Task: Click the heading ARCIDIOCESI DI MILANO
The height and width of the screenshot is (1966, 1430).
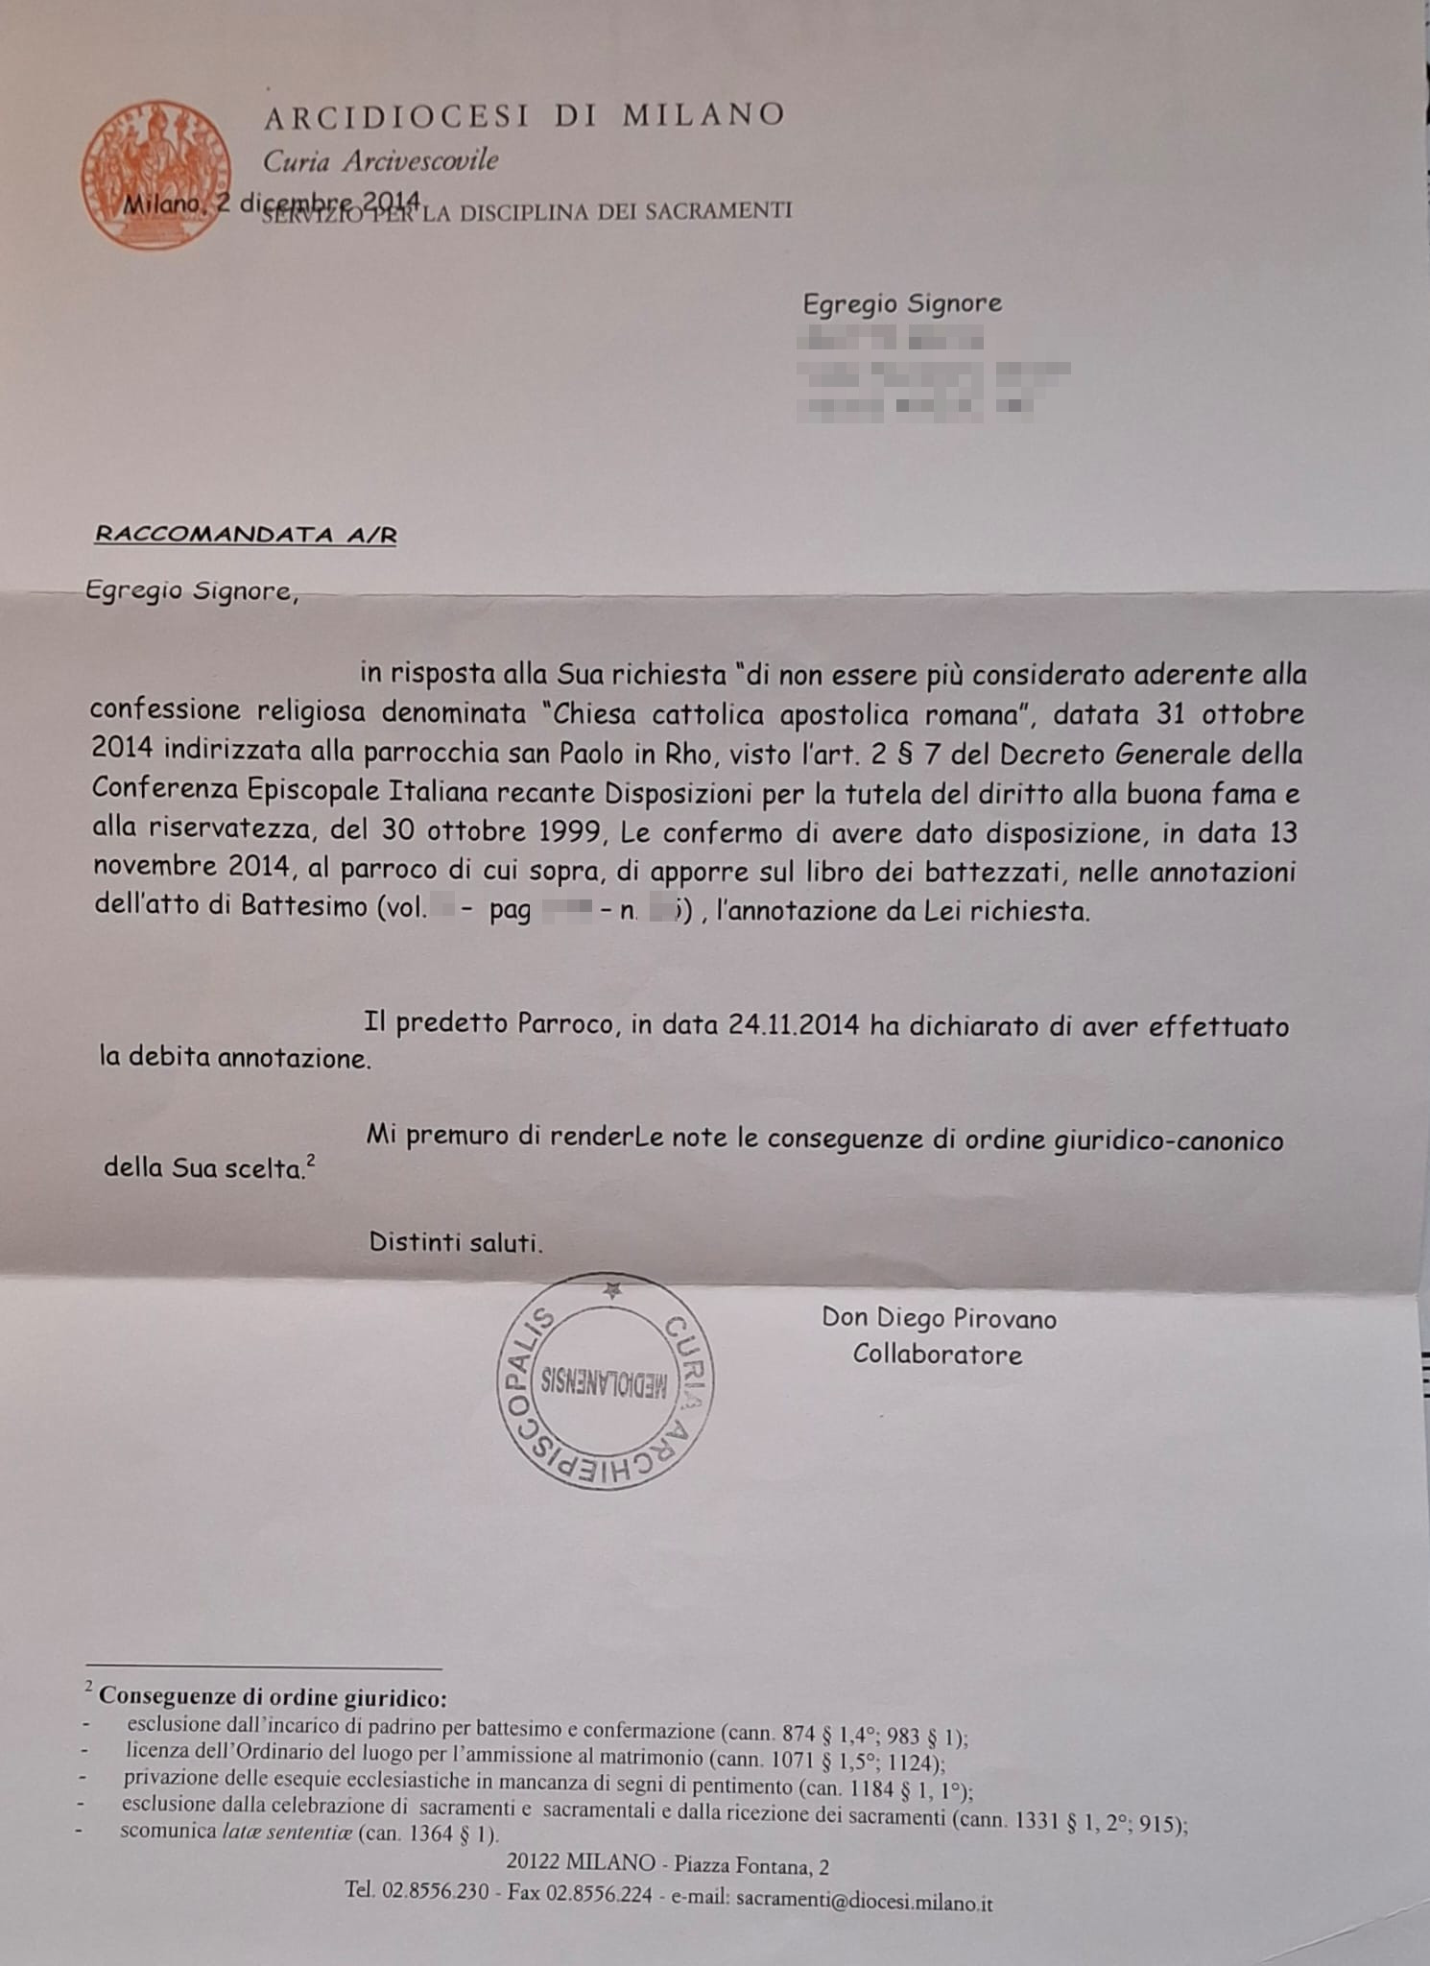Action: click(524, 116)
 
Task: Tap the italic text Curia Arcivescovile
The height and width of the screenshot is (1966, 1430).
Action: click(381, 161)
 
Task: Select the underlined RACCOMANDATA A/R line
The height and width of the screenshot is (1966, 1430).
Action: click(246, 535)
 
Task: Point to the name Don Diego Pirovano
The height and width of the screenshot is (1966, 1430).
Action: click(939, 1319)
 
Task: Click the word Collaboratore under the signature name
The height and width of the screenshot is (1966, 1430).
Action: click(937, 1355)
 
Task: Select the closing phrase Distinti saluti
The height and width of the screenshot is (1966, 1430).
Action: click(456, 1242)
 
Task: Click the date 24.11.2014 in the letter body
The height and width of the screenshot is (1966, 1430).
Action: click(793, 1024)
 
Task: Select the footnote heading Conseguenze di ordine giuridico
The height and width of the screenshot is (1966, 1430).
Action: click(273, 1697)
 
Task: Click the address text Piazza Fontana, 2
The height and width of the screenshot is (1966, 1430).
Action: click(751, 1865)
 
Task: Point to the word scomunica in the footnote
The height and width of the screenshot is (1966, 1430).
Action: click(168, 1832)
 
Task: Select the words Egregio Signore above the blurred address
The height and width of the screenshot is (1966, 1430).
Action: click(901, 304)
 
